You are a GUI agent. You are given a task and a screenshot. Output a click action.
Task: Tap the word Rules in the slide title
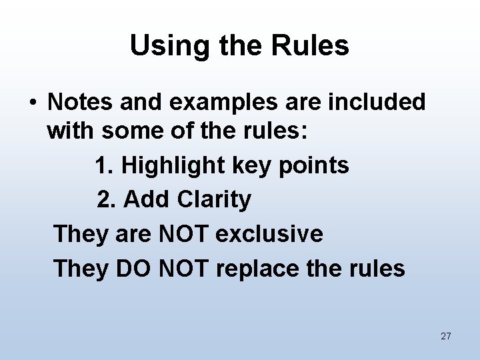(x=311, y=46)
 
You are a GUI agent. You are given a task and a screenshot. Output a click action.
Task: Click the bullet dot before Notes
(x=32, y=103)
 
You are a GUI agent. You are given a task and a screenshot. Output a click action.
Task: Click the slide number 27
(x=446, y=336)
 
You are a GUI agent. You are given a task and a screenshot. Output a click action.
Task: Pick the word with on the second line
(x=71, y=131)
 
